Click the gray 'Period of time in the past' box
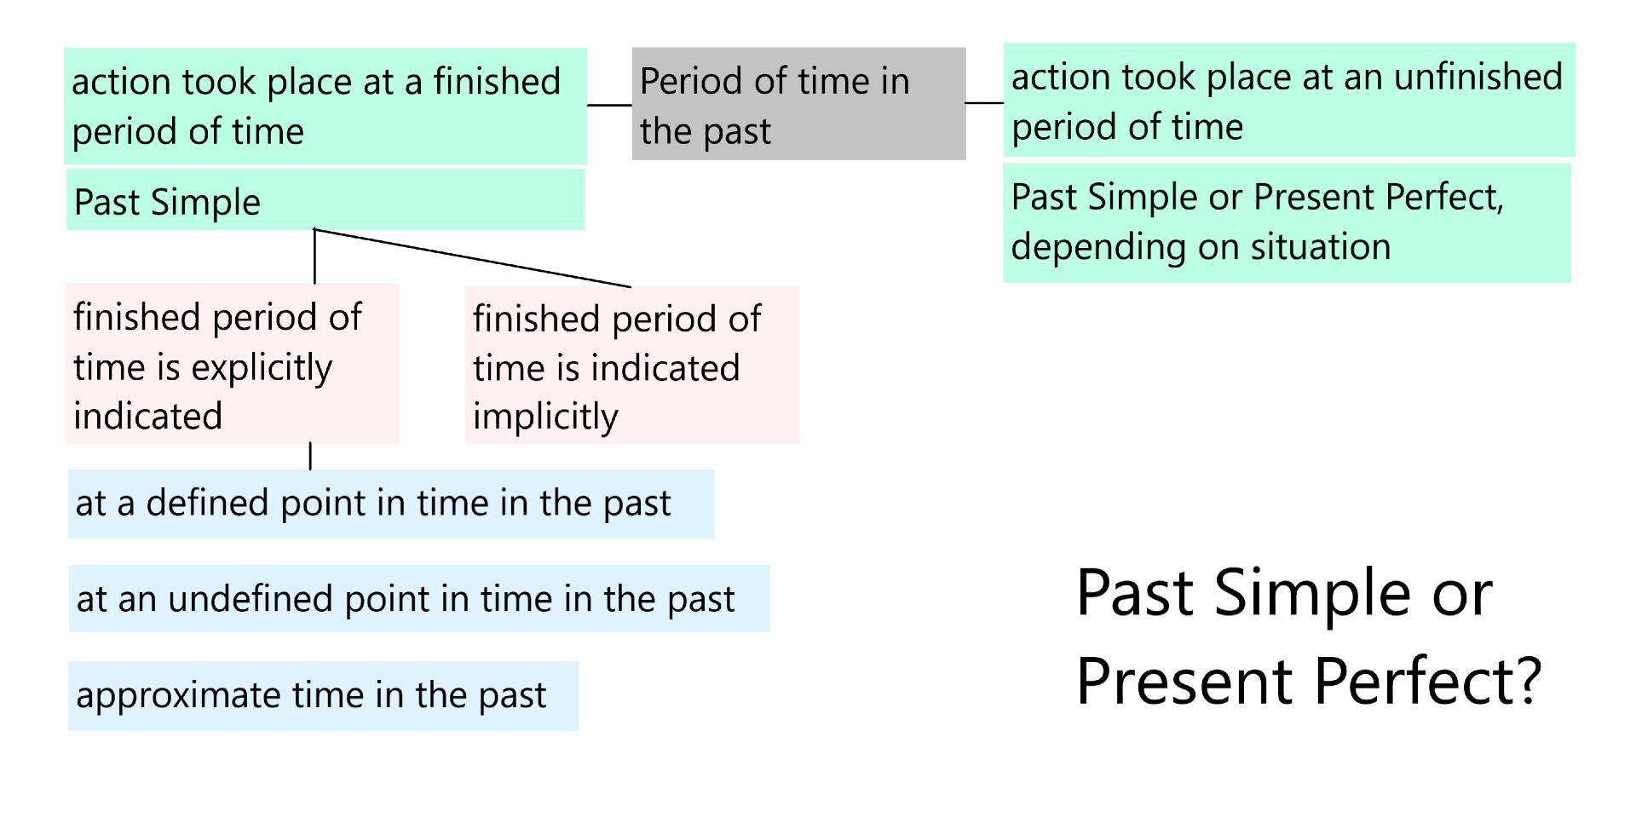tap(798, 104)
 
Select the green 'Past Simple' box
tap(325, 200)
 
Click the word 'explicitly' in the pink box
tap(261, 368)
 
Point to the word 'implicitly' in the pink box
tap(545, 417)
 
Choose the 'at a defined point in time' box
tap(390, 504)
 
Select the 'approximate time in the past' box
tap(323, 695)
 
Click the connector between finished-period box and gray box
tap(609, 106)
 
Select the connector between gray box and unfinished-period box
tap(984, 103)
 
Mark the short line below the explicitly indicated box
tap(310, 456)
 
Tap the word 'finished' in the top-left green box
tap(497, 82)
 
